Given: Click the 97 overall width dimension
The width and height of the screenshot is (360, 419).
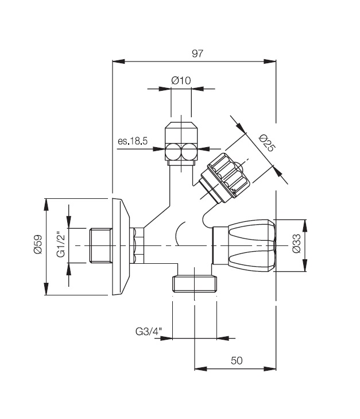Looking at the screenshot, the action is pos(198,53).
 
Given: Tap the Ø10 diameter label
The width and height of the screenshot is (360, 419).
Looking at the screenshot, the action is pos(181,80).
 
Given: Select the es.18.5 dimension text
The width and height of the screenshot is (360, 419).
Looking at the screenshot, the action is pos(133,141).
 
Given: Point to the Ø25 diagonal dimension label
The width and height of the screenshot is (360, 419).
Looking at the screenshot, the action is pos(266,143).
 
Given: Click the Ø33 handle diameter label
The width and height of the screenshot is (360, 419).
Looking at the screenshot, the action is pos(296,244).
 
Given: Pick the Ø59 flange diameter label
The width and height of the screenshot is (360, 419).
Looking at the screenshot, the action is pos(38,244).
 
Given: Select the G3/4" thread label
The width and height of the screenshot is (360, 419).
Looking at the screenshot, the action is pos(149,332).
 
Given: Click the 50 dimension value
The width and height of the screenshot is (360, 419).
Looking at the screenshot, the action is pos(237,361).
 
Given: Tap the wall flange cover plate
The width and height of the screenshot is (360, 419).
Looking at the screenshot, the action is pos(121,247).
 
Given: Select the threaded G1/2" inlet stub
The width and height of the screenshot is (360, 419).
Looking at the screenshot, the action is pos(100,246).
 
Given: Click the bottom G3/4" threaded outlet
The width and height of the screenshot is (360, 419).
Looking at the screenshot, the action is pos(195,284).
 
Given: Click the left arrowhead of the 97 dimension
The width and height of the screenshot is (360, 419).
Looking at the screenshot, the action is pos(118,61).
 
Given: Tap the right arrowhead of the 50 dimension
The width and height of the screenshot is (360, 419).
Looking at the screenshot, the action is pos(270,369).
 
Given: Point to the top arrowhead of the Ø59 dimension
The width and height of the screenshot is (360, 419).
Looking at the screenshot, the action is pos(47,205).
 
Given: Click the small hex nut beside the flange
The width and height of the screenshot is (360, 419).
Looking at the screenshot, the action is pos(137,246).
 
